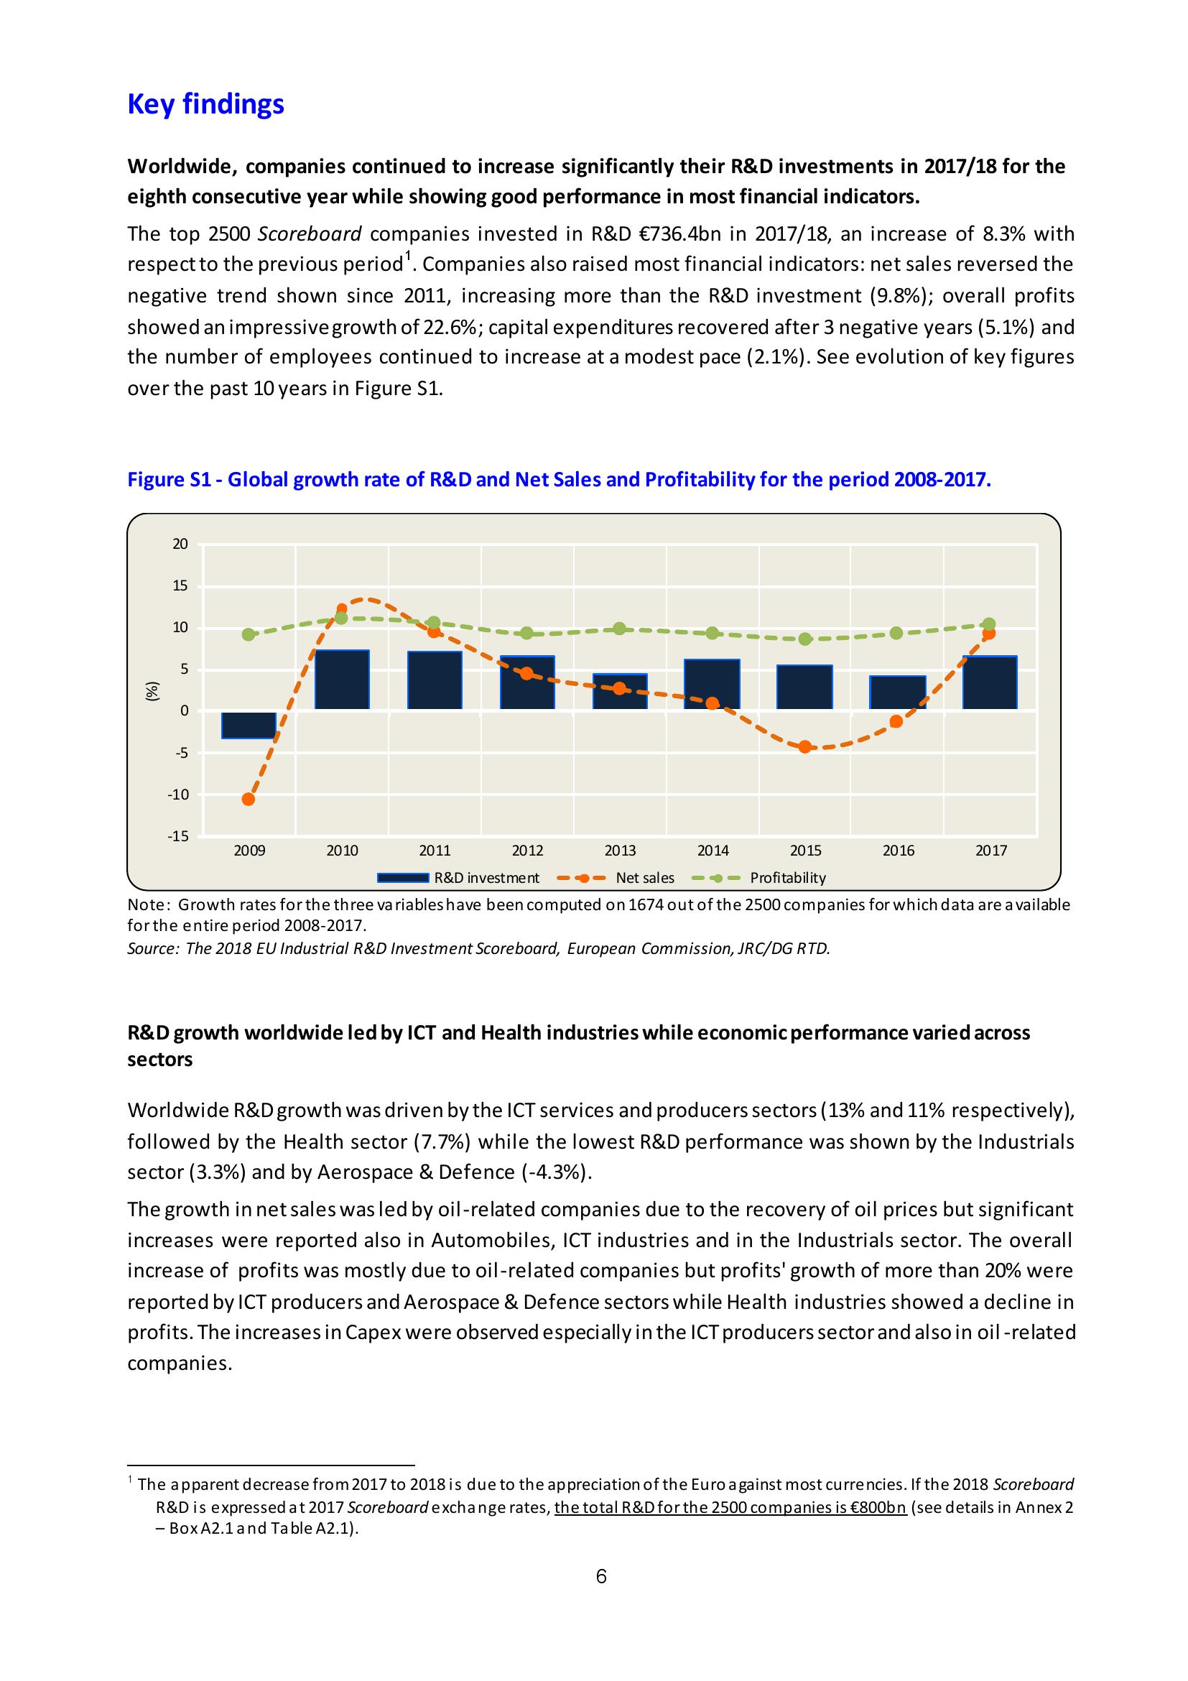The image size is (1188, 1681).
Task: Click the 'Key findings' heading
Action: click(x=205, y=104)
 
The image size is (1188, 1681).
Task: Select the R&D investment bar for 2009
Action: click(x=249, y=724)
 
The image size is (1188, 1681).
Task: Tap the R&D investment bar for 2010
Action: click(x=342, y=680)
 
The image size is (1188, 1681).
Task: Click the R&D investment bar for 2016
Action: click(x=897, y=692)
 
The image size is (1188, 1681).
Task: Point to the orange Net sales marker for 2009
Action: click(x=249, y=799)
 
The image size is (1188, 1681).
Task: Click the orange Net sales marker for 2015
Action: click(x=805, y=747)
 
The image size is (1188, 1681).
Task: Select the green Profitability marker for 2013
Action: click(x=619, y=629)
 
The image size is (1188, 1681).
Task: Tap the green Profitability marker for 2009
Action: click(x=249, y=634)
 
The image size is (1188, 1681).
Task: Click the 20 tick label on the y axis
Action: click(x=180, y=544)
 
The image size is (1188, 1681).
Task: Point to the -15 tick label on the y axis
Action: click(x=178, y=836)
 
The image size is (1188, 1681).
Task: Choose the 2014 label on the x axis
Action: click(x=713, y=851)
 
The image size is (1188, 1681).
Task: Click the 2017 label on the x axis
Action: click(x=991, y=851)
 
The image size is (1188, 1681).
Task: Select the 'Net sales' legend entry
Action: click(x=645, y=878)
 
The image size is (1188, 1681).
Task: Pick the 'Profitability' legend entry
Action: click(x=788, y=878)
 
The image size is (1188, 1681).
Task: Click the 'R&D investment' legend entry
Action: click(x=486, y=878)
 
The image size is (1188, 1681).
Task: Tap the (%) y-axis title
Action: click(x=152, y=691)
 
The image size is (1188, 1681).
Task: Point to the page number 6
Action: click(x=601, y=1575)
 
